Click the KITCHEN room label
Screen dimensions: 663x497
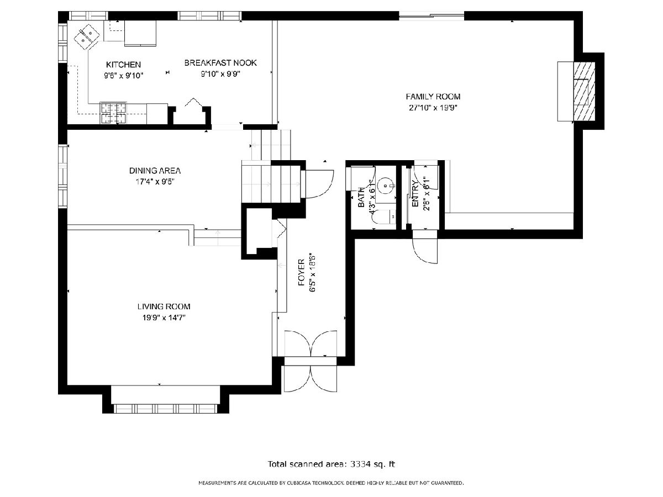(123, 65)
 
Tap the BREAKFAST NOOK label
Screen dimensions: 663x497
(220, 63)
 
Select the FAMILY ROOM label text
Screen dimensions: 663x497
(433, 97)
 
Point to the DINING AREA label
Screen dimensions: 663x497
(155, 171)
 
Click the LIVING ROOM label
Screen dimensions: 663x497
(164, 306)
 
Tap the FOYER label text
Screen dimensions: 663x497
(302, 272)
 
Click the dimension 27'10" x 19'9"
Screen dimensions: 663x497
(433, 108)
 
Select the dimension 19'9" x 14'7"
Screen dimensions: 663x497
(164, 318)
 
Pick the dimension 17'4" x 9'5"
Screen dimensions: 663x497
(155, 182)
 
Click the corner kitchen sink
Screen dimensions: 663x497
(87, 37)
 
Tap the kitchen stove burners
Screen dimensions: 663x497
(113, 113)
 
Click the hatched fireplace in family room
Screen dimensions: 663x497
(584, 92)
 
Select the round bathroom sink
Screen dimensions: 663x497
(386, 186)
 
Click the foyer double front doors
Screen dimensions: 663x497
(311, 361)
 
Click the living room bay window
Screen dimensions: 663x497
(165, 409)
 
